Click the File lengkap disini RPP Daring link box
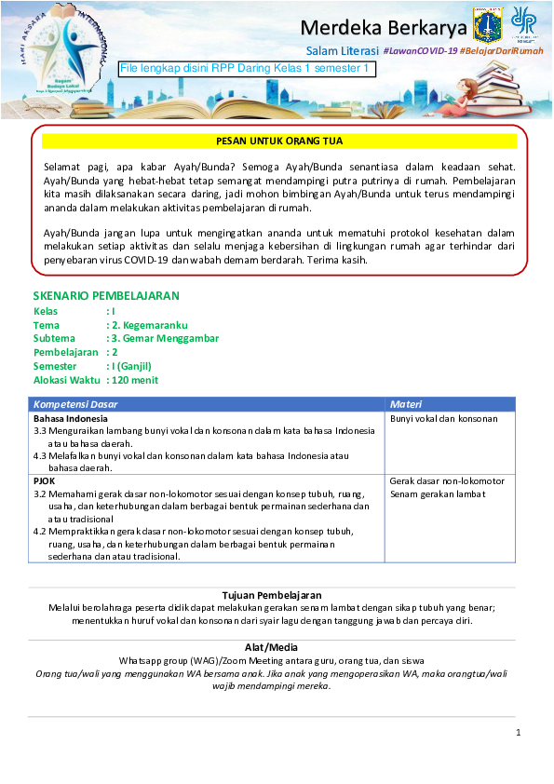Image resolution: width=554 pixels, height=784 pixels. (247, 69)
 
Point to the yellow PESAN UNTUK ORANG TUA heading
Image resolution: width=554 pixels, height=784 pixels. (279, 142)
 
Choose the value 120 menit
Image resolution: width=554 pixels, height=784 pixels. (136, 381)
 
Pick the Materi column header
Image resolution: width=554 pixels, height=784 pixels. (406, 405)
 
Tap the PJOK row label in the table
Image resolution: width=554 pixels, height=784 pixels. (45, 481)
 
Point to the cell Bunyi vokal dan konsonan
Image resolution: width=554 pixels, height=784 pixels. (444, 419)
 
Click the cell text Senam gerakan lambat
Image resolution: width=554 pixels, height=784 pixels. (439, 494)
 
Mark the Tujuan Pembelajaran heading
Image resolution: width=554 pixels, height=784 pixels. (272, 594)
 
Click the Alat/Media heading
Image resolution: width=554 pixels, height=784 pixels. (272, 647)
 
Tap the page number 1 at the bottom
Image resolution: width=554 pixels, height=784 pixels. (518, 734)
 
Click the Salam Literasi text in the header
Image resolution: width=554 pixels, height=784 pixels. (342, 50)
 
